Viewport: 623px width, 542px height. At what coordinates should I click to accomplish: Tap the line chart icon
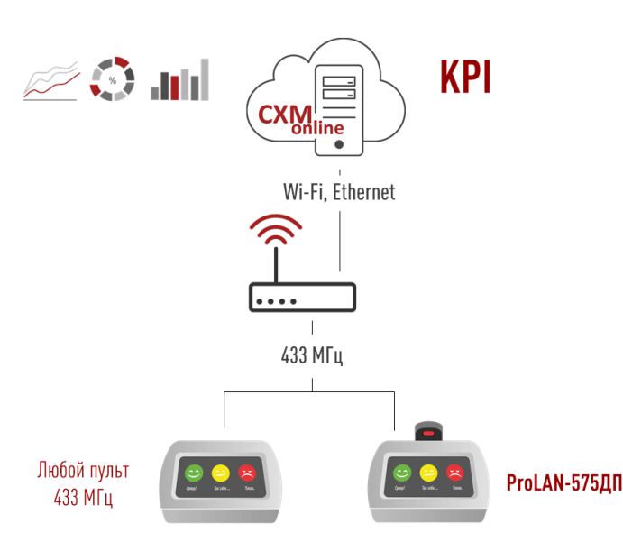[50, 81]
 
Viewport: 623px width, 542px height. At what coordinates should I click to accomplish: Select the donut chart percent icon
[113, 80]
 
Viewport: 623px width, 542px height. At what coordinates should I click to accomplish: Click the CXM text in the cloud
[285, 115]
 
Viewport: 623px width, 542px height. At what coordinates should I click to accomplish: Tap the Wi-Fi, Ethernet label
[339, 192]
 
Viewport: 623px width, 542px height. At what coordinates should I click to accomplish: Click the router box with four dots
[302, 299]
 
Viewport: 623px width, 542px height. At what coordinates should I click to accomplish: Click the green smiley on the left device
[192, 472]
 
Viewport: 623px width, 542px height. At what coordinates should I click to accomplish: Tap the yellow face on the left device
[219, 472]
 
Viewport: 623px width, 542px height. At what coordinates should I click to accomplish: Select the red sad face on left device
[246, 472]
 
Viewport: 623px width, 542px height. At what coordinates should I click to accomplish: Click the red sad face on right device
[455, 472]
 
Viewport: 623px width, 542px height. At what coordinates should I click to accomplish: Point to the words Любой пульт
[83, 470]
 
